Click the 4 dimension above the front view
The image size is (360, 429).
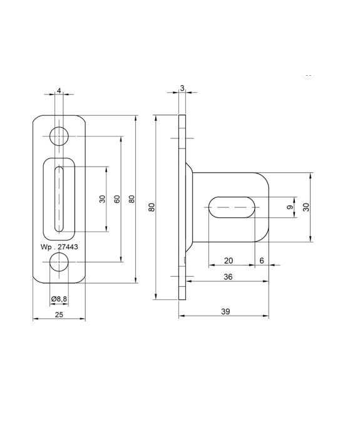[x=59, y=91]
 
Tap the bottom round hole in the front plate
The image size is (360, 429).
[x=59, y=264]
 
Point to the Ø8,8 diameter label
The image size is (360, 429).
[x=59, y=298]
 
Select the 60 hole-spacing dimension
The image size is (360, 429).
[x=116, y=199]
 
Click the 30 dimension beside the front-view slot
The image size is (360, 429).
[x=102, y=199]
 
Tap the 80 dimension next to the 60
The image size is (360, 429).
[x=131, y=199]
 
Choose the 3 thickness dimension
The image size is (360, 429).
[x=182, y=88]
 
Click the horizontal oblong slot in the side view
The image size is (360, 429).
[x=232, y=207]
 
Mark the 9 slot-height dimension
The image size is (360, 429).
[x=289, y=207]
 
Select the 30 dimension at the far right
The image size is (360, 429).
[x=306, y=207]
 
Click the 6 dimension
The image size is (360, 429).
[x=261, y=260]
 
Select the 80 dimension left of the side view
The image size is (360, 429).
[x=151, y=207]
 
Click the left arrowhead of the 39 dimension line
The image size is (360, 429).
[x=182, y=316]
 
